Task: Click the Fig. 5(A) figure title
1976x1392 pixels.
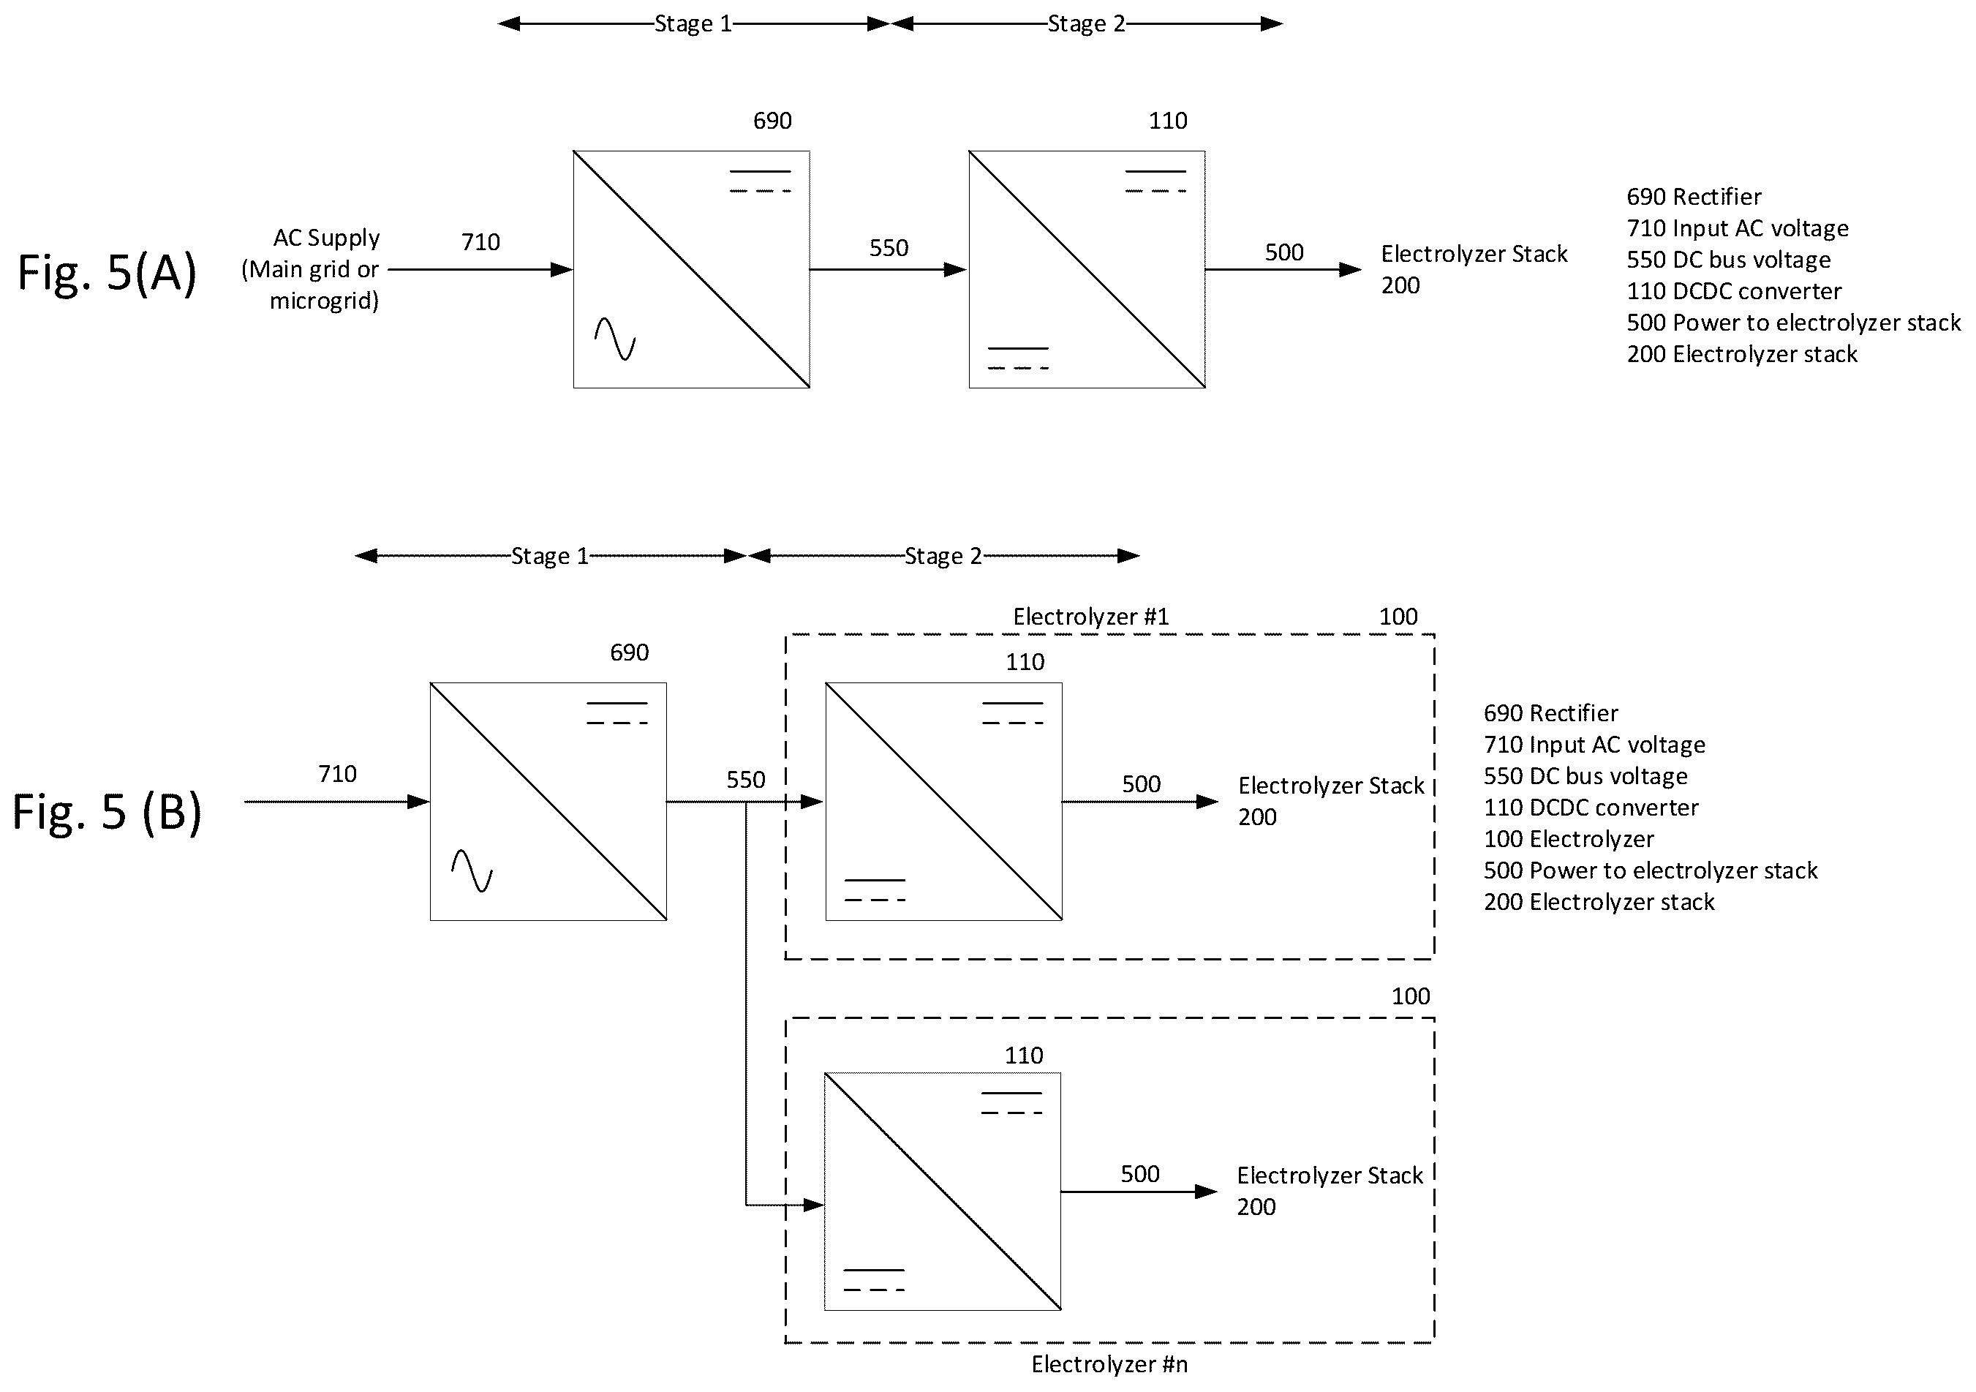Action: [108, 273]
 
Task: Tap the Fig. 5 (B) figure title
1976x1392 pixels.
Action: [108, 813]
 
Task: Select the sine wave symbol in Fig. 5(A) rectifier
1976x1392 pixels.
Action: [615, 339]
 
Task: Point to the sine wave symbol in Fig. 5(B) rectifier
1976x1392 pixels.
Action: [472, 871]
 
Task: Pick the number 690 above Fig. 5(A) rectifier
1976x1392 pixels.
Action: [772, 121]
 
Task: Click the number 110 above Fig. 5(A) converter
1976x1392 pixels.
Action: [1168, 121]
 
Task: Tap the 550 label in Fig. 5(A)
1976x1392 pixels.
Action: [888, 248]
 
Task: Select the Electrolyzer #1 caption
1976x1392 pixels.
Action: [1090, 617]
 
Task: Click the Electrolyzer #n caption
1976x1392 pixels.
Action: [1109, 1363]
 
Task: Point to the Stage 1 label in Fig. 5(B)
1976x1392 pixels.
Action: [549, 556]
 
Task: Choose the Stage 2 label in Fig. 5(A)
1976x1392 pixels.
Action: [1086, 24]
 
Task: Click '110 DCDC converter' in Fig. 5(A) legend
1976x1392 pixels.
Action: [1733, 291]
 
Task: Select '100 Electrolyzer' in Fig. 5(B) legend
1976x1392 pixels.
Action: [1568, 839]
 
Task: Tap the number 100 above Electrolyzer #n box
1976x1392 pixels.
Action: [1411, 996]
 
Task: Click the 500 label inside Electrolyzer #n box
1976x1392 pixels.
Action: [1139, 1174]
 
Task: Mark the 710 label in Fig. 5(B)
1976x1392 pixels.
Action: [337, 775]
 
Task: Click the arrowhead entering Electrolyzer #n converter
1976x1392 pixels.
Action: [813, 1205]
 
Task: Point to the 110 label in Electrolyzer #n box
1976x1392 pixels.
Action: [1023, 1056]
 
